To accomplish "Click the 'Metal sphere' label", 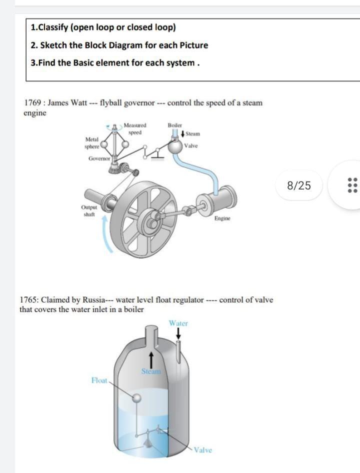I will tap(92, 142).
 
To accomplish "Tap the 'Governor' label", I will tap(99, 158).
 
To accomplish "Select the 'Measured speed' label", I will tap(134, 128).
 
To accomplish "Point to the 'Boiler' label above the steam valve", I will tap(175, 125).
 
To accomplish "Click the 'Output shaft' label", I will tap(87, 225).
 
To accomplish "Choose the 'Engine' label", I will tap(222, 232).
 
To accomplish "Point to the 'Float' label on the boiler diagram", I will tap(99, 380).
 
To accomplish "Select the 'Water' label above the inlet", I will tap(178, 323).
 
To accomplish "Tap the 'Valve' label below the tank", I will tap(202, 449).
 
